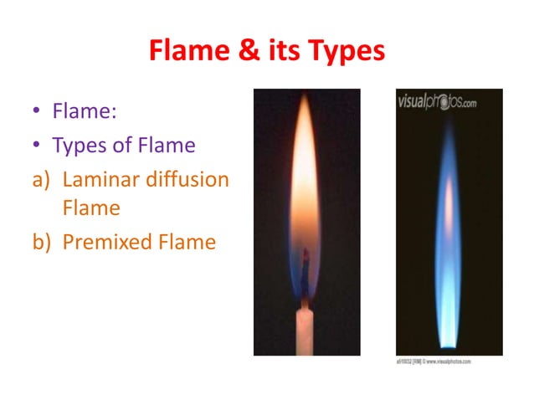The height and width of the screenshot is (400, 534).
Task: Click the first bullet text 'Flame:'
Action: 80,110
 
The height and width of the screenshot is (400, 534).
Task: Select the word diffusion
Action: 187,180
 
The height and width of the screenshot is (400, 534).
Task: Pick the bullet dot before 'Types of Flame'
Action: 37,146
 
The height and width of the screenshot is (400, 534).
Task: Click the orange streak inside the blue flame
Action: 448,209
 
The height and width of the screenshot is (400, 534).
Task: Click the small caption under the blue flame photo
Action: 434,361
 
